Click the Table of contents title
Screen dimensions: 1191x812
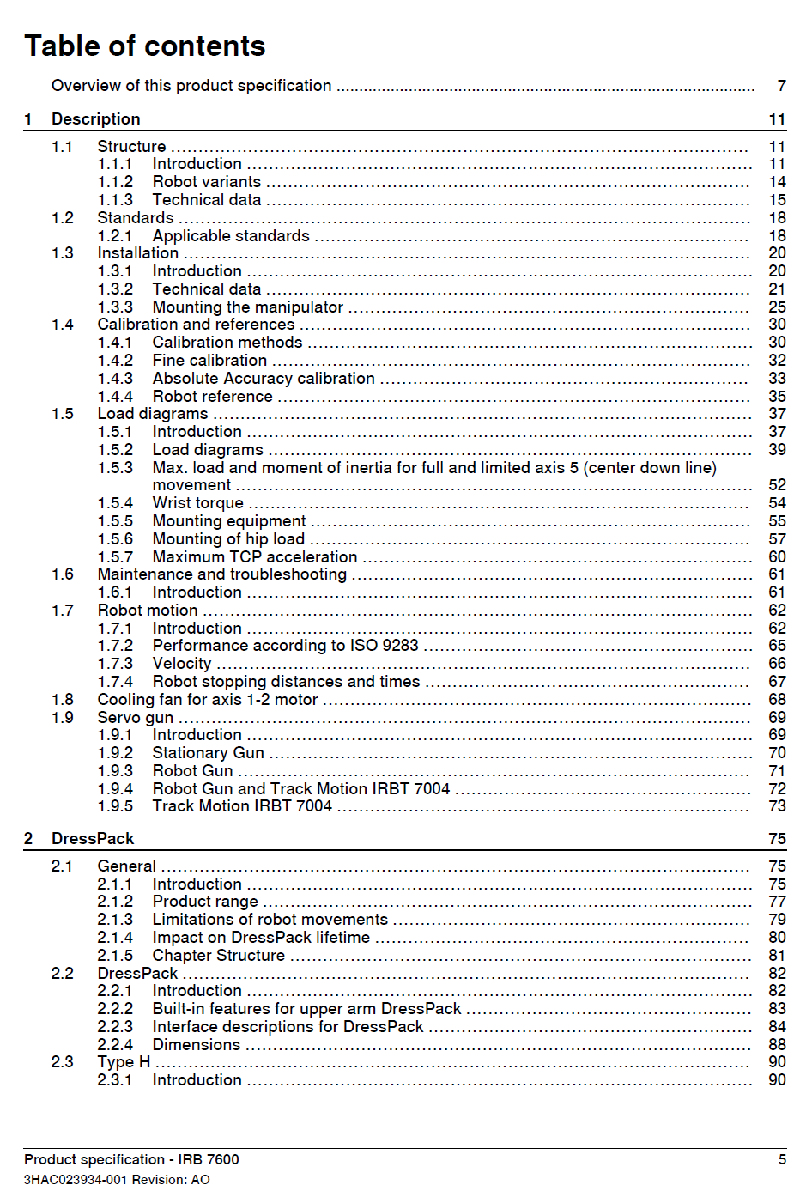pyautogui.click(x=145, y=46)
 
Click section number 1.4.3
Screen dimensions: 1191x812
pyautogui.click(x=115, y=379)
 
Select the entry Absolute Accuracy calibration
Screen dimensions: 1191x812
pyautogui.click(x=264, y=379)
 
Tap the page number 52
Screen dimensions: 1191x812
pyautogui.click(x=777, y=485)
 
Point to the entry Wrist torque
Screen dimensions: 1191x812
pyautogui.click(x=197, y=503)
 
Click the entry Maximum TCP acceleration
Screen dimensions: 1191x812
pyautogui.click(x=254, y=557)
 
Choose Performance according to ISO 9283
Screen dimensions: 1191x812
pyautogui.click(x=285, y=646)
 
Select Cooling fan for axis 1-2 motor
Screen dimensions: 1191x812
pyautogui.click(x=207, y=700)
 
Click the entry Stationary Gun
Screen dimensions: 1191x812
pyautogui.click(x=208, y=753)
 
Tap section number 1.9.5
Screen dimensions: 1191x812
pyautogui.click(x=115, y=806)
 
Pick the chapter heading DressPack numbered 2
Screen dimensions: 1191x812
pyautogui.click(x=93, y=839)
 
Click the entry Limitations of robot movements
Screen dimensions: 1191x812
pyautogui.click(x=270, y=920)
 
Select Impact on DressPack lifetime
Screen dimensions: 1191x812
pyautogui.click(x=261, y=938)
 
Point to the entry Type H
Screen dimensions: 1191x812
pyautogui.click(x=124, y=1062)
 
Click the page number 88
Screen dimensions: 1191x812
pyautogui.click(x=777, y=1045)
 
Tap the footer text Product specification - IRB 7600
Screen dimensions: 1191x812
pyautogui.click(x=131, y=1159)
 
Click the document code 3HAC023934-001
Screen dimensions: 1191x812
pyautogui.click(x=76, y=1180)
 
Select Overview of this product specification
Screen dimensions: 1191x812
pyautogui.click(x=191, y=86)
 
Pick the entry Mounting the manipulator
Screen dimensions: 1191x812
pyautogui.click(x=247, y=307)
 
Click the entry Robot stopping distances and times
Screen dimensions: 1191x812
pyautogui.click(x=286, y=682)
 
